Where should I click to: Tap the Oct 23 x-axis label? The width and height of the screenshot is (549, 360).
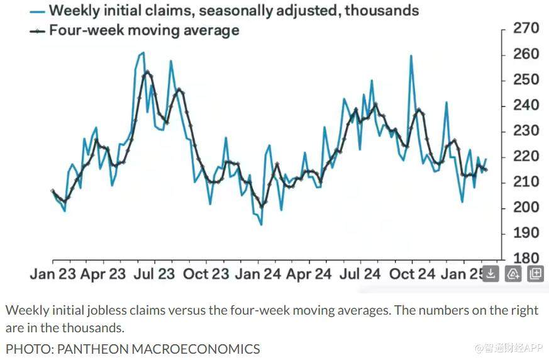click(x=205, y=274)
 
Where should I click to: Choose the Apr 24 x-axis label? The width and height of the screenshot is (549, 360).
click(x=308, y=274)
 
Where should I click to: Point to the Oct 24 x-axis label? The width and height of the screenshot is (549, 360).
click(x=412, y=274)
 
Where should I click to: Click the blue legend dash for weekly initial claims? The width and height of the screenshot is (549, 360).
click(x=38, y=11)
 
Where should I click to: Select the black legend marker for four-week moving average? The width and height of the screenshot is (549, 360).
click(x=38, y=30)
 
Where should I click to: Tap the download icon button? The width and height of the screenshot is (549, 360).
click(x=491, y=274)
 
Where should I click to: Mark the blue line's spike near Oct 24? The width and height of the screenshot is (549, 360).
click(x=411, y=56)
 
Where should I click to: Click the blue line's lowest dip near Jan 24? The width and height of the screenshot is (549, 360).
click(x=261, y=224)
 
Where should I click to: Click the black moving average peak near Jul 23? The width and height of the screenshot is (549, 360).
click(x=147, y=72)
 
